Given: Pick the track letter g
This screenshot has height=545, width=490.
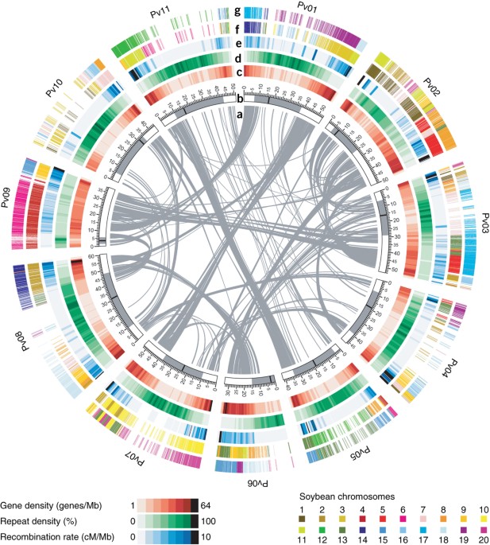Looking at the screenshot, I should point(238,11).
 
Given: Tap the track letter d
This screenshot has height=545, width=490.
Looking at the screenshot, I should point(238,59).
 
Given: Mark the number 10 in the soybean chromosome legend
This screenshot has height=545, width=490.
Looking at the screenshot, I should point(482,507).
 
